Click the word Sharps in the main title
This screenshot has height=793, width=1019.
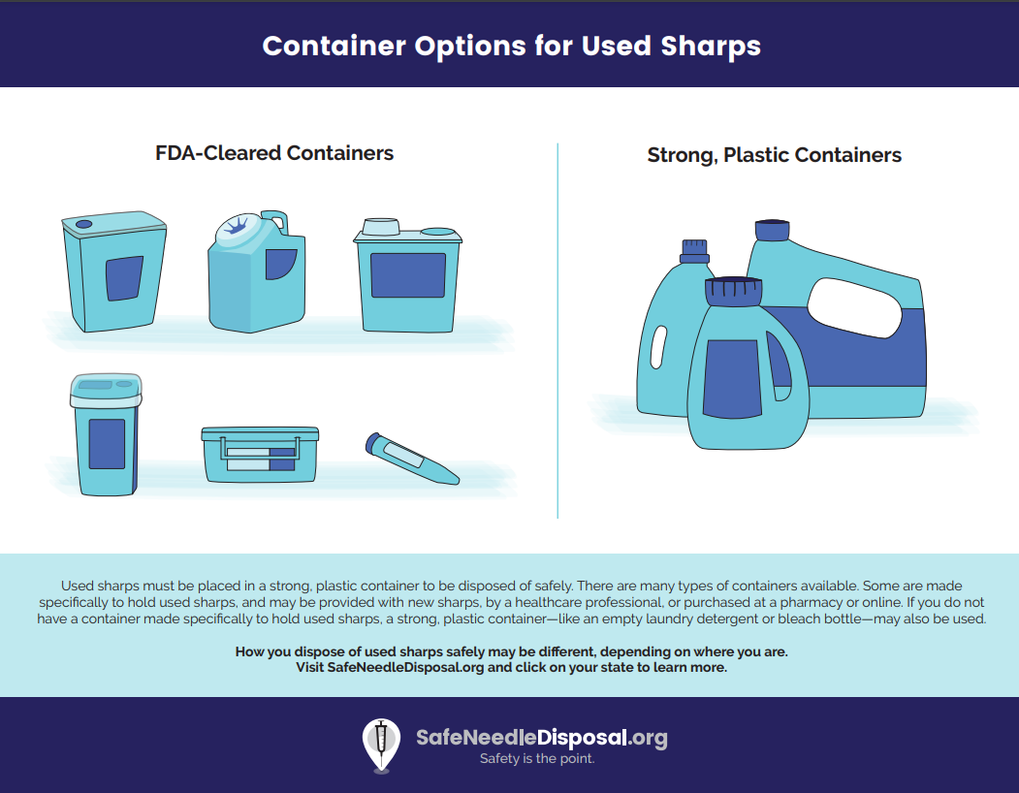(711, 47)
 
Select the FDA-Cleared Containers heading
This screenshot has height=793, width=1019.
(274, 153)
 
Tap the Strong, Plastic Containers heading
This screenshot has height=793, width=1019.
(774, 155)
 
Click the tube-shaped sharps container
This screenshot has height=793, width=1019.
(412, 459)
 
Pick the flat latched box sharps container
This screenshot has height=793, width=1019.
(260, 455)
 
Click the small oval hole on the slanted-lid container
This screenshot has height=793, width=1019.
(83, 224)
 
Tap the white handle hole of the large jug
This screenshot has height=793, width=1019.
(854, 307)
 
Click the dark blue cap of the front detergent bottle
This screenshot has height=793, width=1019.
(733, 291)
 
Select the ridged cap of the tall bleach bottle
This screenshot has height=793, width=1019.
(694, 251)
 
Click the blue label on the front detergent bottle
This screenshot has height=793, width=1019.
(732, 379)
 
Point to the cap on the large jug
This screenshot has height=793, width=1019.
(772, 230)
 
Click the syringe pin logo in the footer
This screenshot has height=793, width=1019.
(381, 745)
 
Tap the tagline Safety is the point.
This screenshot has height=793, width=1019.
(537, 758)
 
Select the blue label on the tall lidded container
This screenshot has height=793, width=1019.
(107, 444)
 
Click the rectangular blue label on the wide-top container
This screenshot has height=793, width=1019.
(408, 275)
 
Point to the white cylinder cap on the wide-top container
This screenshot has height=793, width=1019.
(381, 226)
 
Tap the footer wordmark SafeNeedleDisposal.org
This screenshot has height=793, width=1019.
(541, 737)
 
